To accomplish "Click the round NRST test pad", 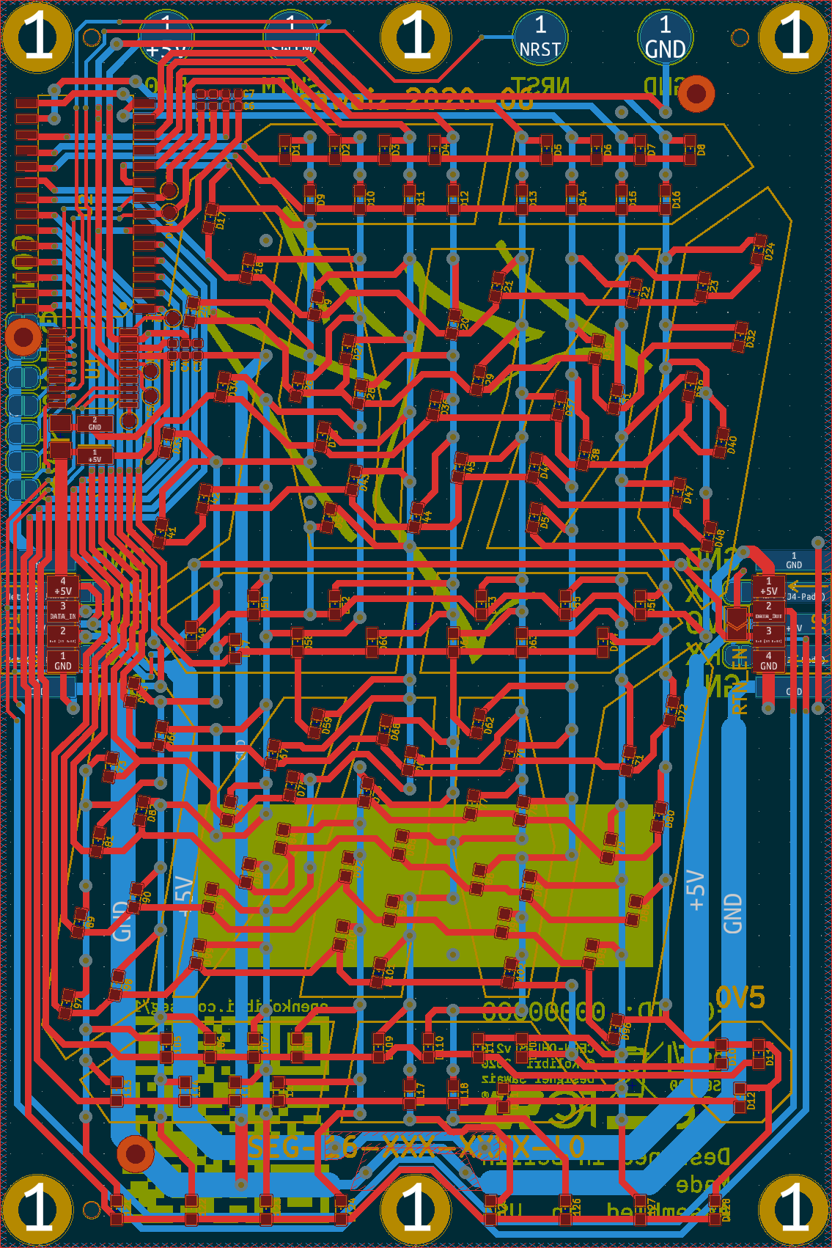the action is (540, 37).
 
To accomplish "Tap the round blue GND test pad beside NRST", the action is (665, 37).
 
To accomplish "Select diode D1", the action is (285, 150).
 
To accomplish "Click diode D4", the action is (435, 150).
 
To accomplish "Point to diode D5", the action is (547, 150).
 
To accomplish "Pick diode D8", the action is (690, 150).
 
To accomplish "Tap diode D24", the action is (759, 249).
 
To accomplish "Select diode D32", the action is (740, 336).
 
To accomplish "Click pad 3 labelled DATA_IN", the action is (63, 611).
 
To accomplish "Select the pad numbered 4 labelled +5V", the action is (63, 586).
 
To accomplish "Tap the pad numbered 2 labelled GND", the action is (95, 424).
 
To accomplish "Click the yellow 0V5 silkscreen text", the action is (740, 997).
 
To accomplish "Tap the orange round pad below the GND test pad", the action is (696, 93).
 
